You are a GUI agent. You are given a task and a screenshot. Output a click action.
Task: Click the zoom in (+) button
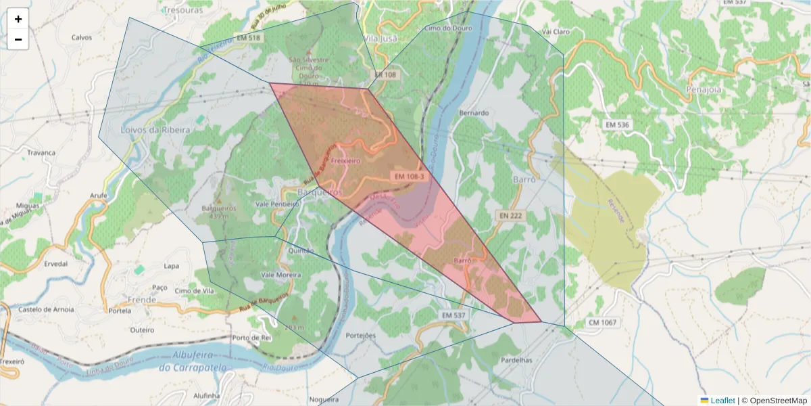(x=18, y=19)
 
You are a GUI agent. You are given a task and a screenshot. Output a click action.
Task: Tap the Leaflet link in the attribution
(x=722, y=401)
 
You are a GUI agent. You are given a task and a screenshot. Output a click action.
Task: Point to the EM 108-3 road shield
(x=408, y=177)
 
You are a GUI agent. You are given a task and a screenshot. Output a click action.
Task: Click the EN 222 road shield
(x=512, y=215)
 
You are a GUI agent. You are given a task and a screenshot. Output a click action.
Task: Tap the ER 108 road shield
(x=385, y=75)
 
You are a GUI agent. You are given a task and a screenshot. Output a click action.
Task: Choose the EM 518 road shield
(x=247, y=38)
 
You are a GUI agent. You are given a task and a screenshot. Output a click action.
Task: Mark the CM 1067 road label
(x=601, y=323)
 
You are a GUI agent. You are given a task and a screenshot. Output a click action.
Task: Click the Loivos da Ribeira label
(x=150, y=129)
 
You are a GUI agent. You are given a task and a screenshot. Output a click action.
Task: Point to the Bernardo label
(x=473, y=112)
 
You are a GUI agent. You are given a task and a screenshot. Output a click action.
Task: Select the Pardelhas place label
(x=517, y=360)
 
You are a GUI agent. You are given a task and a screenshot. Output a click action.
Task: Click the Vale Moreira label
(x=280, y=275)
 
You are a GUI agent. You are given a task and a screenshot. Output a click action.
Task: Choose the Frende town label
(x=142, y=298)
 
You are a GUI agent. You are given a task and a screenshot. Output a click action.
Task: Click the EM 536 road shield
(x=617, y=125)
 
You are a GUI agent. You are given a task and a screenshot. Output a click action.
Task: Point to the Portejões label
(x=360, y=336)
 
